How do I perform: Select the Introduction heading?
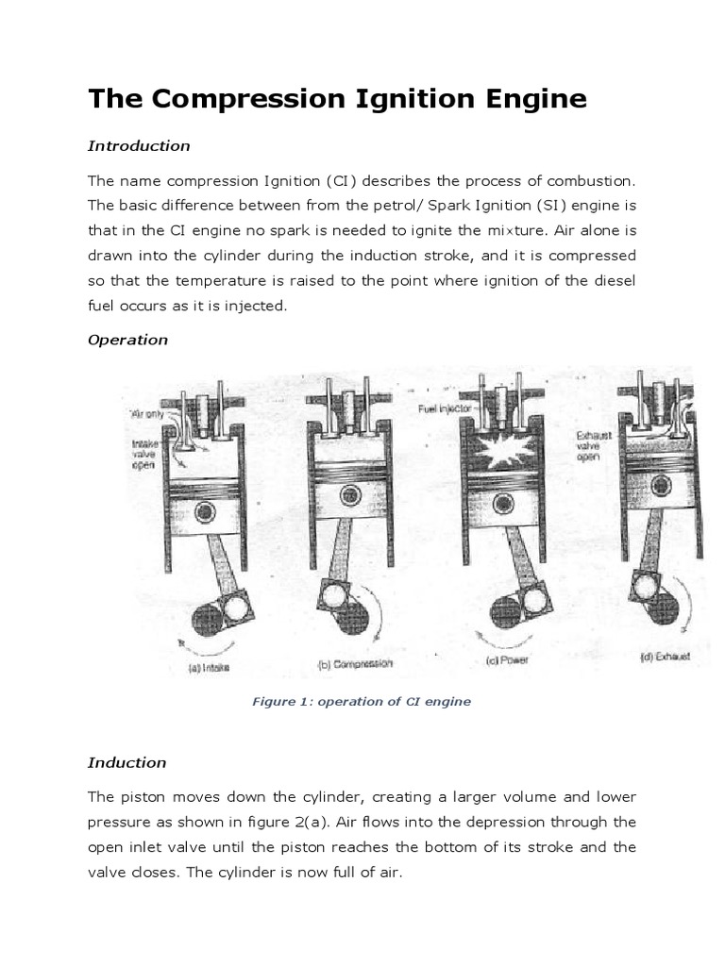[139, 146]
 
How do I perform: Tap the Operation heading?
[127, 341]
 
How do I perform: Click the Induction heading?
[126, 763]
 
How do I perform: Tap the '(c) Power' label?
[507, 659]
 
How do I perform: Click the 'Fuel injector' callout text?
[447, 409]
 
